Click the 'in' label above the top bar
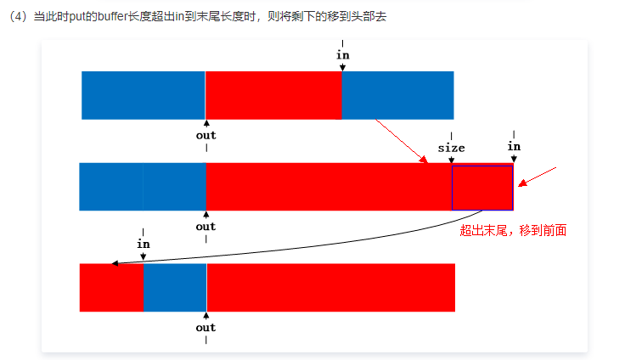(x=343, y=55)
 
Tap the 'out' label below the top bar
(x=206, y=134)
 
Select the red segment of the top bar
(x=273, y=95)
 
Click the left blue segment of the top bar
(x=143, y=95)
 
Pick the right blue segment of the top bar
(x=397, y=95)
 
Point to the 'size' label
(x=451, y=147)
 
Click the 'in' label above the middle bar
(x=514, y=146)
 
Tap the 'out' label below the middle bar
(x=206, y=226)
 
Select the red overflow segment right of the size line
(x=483, y=186)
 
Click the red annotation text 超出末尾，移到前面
(x=512, y=229)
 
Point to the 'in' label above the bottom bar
(x=144, y=243)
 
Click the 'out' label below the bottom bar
(x=206, y=327)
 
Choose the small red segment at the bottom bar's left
(x=111, y=287)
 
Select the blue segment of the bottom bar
(x=175, y=287)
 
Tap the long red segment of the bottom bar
(x=331, y=287)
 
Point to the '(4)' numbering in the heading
(x=18, y=17)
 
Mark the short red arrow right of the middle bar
(x=539, y=176)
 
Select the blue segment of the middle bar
(x=143, y=186)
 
